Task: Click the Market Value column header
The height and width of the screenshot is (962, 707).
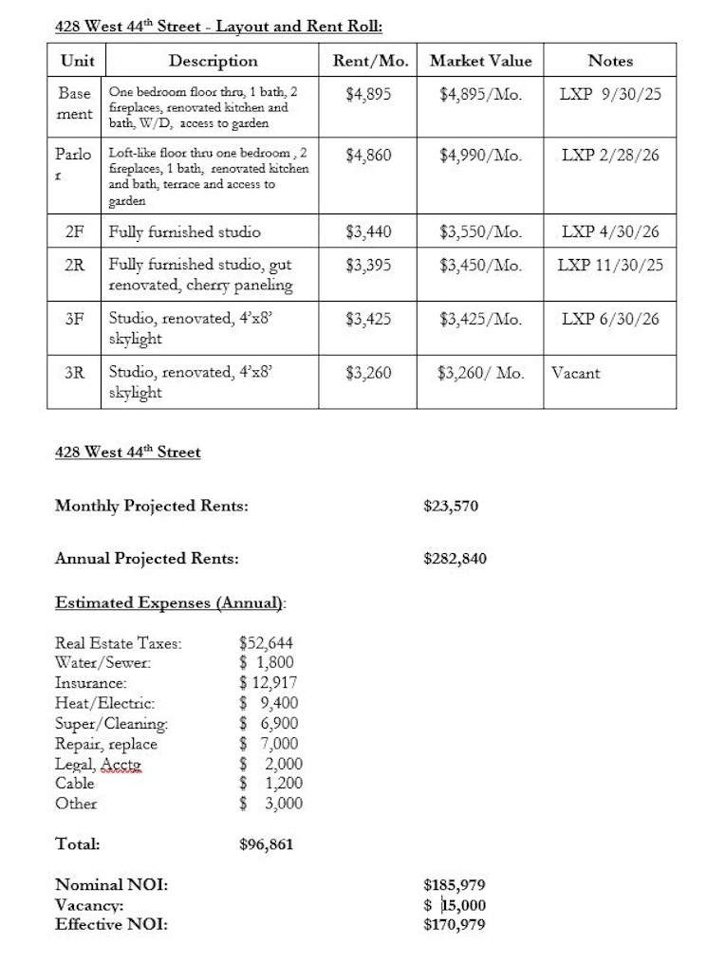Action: [480, 61]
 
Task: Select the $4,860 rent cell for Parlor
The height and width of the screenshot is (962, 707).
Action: [368, 155]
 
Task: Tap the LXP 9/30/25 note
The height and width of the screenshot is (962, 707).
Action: [610, 95]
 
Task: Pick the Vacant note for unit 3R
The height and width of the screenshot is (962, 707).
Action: [576, 373]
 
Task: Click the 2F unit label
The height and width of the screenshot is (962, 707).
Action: [74, 231]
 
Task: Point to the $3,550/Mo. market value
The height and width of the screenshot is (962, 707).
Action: [480, 231]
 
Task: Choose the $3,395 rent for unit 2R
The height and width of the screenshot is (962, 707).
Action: [368, 265]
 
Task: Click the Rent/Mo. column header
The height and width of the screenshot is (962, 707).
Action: [368, 61]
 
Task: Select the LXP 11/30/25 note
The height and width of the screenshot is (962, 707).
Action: [610, 265]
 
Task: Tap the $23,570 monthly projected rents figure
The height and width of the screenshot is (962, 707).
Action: [451, 506]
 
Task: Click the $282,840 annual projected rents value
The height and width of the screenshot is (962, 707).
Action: [455, 558]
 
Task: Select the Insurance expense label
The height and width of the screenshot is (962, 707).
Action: [91, 682]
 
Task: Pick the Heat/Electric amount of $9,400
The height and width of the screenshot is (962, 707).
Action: [269, 703]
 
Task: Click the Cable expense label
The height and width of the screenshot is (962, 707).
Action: [75, 784]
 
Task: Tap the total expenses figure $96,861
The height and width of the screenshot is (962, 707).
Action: [267, 842]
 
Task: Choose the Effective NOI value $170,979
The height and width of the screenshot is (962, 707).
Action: [454, 923]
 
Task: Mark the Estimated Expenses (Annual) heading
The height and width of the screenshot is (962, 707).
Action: [171, 602]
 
